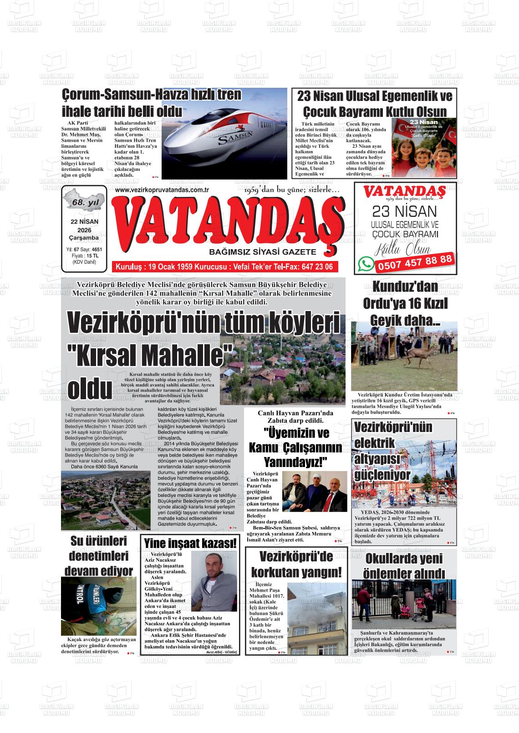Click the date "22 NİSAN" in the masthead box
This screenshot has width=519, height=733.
84,221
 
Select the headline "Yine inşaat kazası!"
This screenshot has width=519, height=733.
191,543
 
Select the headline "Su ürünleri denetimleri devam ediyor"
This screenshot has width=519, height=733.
99,556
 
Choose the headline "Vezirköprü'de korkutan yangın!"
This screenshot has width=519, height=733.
296,564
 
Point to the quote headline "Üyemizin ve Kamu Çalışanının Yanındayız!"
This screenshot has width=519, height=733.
295,448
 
